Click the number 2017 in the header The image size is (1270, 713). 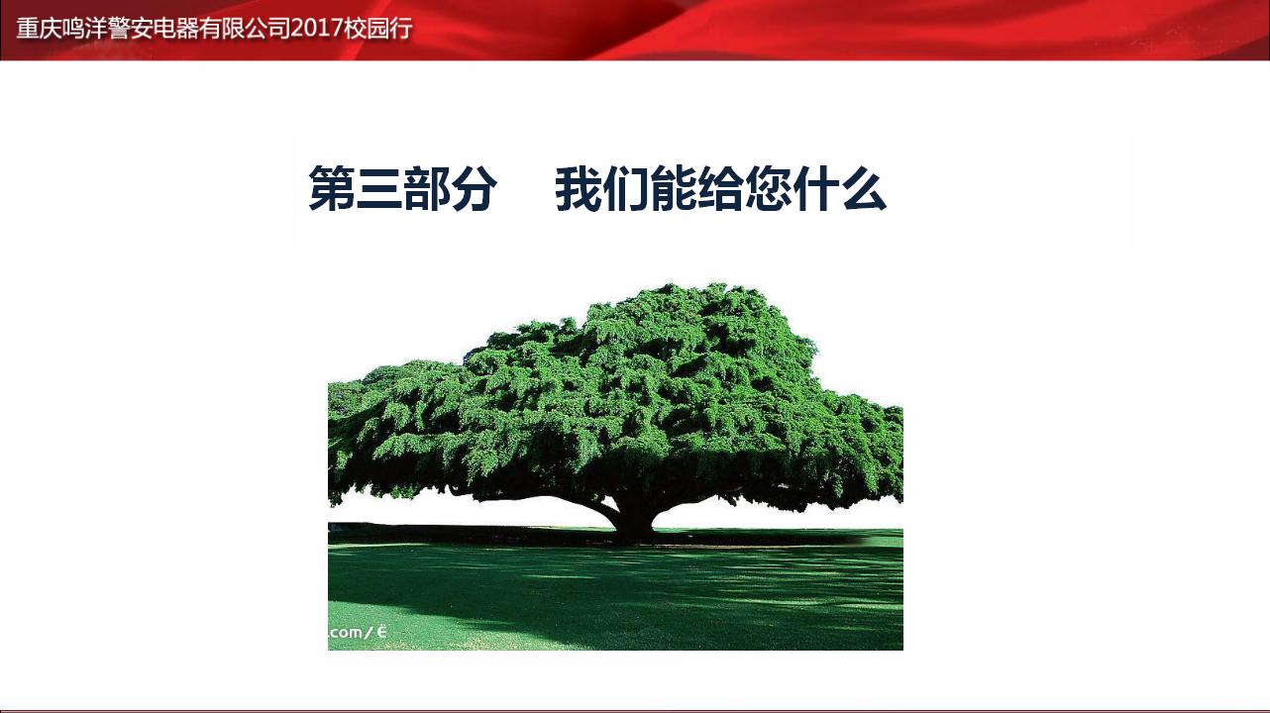[x=316, y=29]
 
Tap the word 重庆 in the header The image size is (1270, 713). [x=39, y=29]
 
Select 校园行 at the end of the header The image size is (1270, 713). [x=377, y=29]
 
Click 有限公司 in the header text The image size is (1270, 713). [x=245, y=29]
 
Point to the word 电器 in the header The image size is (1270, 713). [x=175, y=29]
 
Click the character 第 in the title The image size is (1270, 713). [x=332, y=189]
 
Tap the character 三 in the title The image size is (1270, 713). [x=379, y=189]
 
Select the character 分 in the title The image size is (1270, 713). [x=474, y=189]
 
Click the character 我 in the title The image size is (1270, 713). [x=579, y=189]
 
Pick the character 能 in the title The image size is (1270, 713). [x=674, y=189]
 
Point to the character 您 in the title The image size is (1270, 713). [x=768, y=189]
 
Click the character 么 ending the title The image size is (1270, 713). [x=864, y=189]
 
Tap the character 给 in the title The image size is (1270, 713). [x=720, y=189]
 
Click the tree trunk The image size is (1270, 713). [x=634, y=519]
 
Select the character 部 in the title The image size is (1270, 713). [x=426, y=189]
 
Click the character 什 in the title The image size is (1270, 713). [x=816, y=189]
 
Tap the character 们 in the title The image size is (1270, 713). [x=626, y=189]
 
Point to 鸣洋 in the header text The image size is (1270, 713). [x=85, y=29]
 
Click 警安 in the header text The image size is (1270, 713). [x=131, y=29]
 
